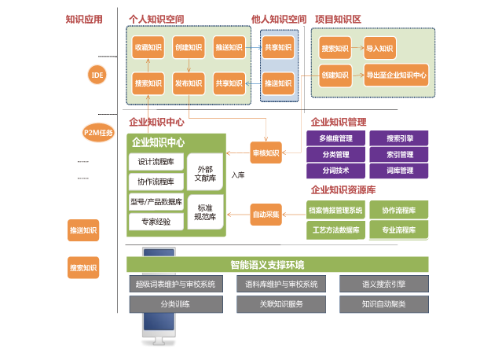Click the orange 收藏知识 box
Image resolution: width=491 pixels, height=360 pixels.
(x=148, y=48)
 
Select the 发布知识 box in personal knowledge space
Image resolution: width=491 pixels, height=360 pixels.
(x=189, y=83)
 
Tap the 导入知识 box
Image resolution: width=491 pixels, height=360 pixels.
(x=379, y=49)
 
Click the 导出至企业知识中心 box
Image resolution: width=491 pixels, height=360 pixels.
(x=396, y=77)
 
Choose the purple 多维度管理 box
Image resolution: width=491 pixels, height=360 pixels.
(x=335, y=138)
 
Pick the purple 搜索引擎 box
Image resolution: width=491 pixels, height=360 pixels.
(x=400, y=138)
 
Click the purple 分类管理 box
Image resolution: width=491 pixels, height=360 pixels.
(x=335, y=155)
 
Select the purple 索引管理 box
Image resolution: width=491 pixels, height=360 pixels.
(x=400, y=155)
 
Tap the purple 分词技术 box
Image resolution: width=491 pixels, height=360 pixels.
(x=335, y=171)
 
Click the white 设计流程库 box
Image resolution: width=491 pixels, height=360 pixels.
(x=156, y=162)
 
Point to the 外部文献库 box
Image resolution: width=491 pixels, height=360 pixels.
(x=205, y=174)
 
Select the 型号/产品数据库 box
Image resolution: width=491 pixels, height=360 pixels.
(x=156, y=201)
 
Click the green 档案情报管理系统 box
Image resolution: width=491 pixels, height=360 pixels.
(x=335, y=211)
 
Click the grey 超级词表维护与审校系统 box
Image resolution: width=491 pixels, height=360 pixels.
(x=175, y=284)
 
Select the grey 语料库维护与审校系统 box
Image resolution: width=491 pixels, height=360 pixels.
(x=281, y=284)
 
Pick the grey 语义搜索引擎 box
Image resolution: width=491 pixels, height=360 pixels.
(x=383, y=284)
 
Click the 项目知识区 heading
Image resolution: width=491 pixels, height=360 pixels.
(x=338, y=19)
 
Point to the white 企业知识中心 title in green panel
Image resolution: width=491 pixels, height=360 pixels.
(x=158, y=143)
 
